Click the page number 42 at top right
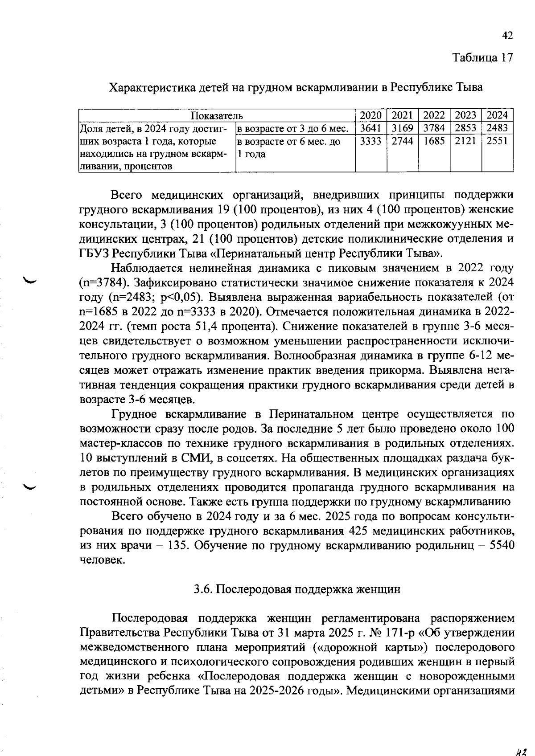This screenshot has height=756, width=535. pyautogui.click(x=507, y=36)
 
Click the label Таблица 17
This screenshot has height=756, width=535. pyautogui.click(x=483, y=57)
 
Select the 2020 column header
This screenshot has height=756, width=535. pyautogui.click(x=370, y=115)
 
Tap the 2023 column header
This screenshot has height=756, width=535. pyautogui.click(x=465, y=115)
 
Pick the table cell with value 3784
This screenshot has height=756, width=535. pyautogui.click(x=434, y=128)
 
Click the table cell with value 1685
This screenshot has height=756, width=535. pyautogui.click(x=434, y=142)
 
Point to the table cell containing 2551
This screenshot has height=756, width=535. pyautogui.click(x=497, y=142)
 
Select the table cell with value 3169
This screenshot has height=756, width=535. pyautogui.click(x=402, y=128)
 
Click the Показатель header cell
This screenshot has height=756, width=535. pyautogui.click(x=217, y=116)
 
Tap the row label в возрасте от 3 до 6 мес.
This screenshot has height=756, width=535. pyautogui.click(x=292, y=129)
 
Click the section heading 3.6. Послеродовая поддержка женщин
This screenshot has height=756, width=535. pyautogui.click(x=297, y=589)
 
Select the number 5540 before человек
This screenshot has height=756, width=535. pyautogui.click(x=502, y=546)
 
